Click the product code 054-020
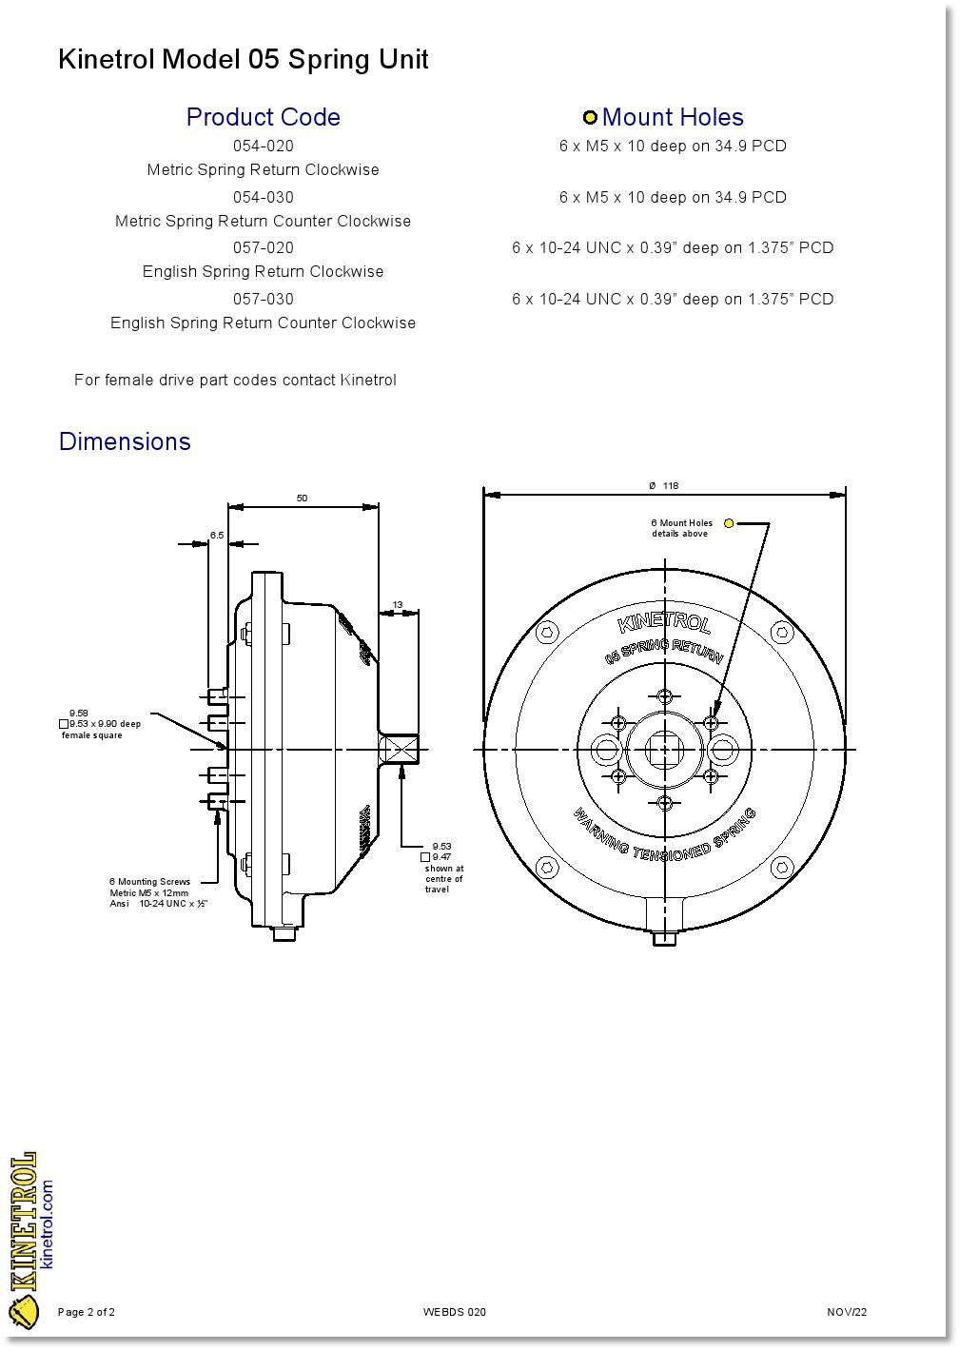[264, 147]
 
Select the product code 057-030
[264, 300]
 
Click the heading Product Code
[264, 117]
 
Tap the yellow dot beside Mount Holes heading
[590, 118]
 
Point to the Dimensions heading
[125, 441]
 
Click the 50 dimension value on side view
[302, 499]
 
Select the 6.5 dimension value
[217, 536]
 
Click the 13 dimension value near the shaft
[398, 605]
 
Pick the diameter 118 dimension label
[664, 486]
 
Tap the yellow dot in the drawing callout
[729, 523]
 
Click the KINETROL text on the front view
[664, 624]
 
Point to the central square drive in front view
[664, 751]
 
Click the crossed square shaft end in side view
[399, 750]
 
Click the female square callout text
[101, 725]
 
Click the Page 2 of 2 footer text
[87, 1312]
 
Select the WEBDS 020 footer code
[455, 1312]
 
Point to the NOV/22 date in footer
[847, 1312]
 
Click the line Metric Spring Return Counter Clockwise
[264, 222]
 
